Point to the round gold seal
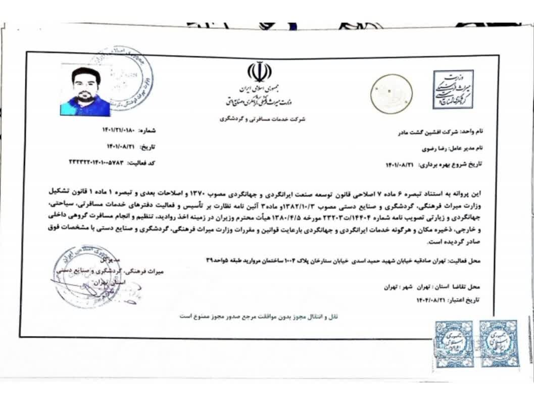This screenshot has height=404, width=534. [x=391, y=92]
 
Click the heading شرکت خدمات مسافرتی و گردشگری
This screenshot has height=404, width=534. [x=263, y=120]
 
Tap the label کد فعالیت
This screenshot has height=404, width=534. [x=141, y=163]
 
